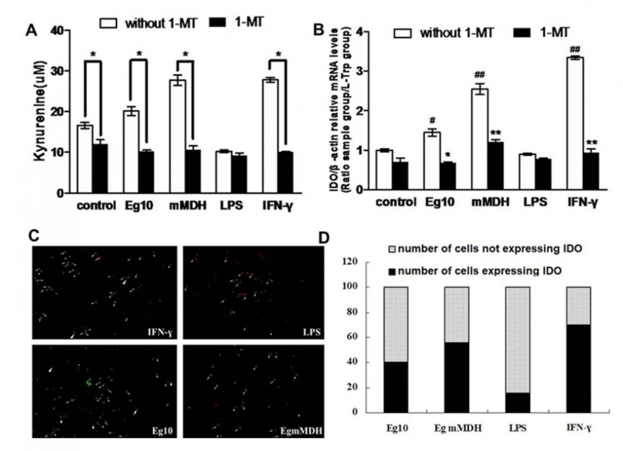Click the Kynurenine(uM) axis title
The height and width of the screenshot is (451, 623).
coord(39,112)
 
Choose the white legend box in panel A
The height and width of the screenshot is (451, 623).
coord(110,23)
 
